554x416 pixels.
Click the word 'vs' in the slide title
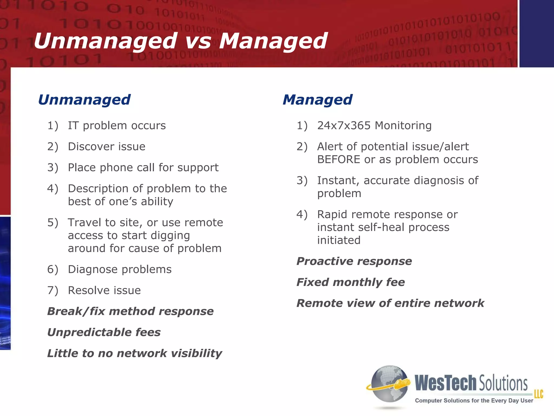point(198,41)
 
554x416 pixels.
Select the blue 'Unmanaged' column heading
point(84,100)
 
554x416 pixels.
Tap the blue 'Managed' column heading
point(317,100)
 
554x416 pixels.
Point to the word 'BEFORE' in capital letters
point(338,160)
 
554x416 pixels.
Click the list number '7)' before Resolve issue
point(52,291)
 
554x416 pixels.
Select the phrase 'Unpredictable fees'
point(104,332)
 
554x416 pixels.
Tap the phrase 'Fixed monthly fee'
point(351,282)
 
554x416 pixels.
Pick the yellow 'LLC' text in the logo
point(538,394)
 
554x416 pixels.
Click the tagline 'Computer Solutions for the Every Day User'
point(474,401)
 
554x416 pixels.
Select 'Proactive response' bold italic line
point(354,261)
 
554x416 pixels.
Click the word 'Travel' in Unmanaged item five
point(85,223)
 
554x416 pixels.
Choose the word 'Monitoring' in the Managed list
point(403,126)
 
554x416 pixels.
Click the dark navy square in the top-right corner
point(537,33)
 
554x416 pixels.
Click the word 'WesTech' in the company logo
point(445,383)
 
